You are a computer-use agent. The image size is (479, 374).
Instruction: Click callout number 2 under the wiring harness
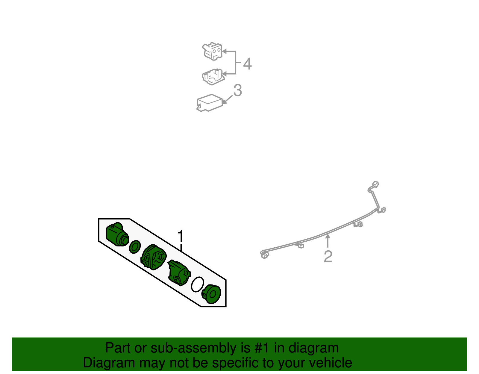[328, 256]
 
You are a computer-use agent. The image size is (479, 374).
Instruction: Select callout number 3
[238, 90]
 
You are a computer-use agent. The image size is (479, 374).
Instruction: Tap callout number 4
[247, 64]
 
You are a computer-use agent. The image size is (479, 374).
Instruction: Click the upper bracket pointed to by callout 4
[212, 51]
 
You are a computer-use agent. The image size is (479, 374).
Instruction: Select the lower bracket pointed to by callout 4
[213, 77]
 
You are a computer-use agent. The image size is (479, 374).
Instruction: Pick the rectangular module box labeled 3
[209, 103]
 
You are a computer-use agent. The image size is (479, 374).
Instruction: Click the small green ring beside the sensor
[135, 247]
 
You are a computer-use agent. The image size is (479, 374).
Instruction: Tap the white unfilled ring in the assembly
[197, 284]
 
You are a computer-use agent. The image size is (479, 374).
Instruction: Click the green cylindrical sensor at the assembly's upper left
[117, 234]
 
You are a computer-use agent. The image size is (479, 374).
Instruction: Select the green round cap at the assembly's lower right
[211, 294]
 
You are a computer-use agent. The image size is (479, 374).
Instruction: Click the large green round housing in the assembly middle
[153, 257]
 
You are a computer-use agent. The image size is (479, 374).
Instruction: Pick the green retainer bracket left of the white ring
[179, 273]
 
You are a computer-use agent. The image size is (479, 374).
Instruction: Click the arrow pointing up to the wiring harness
[328, 241]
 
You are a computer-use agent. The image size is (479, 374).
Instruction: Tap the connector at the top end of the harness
[376, 184]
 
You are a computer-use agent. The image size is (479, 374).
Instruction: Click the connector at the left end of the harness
[265, 255]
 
